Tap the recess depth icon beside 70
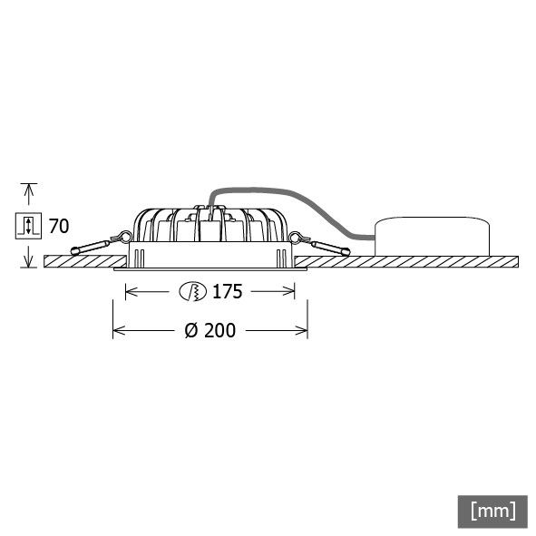(28, 226)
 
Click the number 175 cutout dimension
(227, 292)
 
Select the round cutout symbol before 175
(191, 292)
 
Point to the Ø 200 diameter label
(210, 331)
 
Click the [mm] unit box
(492, 511)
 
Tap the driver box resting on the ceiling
(432, 237)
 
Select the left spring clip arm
(91, 247)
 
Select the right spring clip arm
(329, 247)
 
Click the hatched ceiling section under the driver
(426, 262)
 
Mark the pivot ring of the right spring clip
(294, 238)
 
